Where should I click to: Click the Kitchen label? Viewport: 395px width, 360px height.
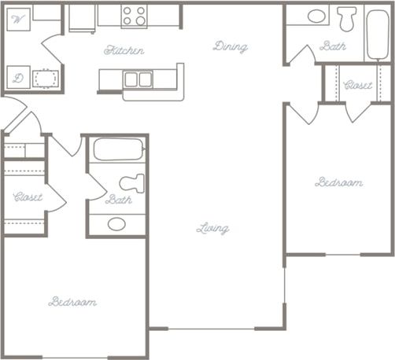click(x=124, y=50)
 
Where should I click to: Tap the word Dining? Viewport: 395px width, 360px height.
click(x=230, y=46)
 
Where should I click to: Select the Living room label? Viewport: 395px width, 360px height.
click(x=212, y=229)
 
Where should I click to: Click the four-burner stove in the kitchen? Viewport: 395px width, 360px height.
click(x=134, y=17)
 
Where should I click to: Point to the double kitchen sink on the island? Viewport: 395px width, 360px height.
click(x=138, y=79)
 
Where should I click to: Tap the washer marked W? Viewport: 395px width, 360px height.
click(x=20, y=19)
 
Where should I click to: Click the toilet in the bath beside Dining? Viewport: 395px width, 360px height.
click(x=347, y=18)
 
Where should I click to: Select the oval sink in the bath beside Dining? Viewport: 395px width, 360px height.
click(x=317, y=16)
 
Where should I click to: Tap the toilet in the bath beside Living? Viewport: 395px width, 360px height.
click(x=132, y=182)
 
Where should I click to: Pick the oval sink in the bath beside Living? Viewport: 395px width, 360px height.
click(x=116, y=224)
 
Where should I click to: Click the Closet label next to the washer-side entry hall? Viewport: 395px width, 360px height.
click(x=28, y=197)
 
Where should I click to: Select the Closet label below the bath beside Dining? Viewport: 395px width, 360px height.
click(x=359, y=85)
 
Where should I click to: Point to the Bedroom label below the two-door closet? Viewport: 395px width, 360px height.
click(x=338, y=182)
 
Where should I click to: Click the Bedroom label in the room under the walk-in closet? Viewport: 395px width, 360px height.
click(x=72, y=302)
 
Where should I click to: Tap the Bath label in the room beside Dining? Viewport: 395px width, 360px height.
click(x=333, y=46)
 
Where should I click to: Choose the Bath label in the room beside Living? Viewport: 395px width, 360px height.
click(x=118, y=200)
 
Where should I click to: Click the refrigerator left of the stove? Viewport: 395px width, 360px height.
click(x=82, y=18)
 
